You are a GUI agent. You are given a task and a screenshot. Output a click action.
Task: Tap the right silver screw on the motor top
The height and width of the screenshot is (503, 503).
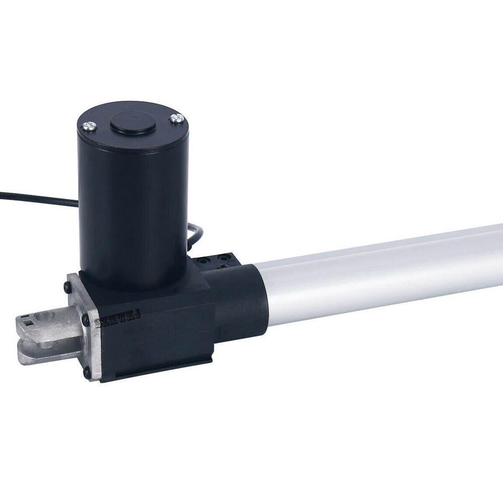177,119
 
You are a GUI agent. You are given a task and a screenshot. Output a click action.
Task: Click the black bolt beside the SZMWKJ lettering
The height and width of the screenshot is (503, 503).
86,321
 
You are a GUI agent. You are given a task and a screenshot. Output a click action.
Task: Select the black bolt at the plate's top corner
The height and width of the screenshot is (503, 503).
67,287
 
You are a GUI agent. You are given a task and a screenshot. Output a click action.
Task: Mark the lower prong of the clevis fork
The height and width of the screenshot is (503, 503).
40,355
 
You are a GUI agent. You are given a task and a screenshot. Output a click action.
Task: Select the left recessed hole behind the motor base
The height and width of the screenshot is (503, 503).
202,261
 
